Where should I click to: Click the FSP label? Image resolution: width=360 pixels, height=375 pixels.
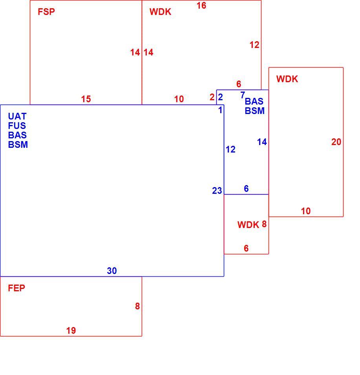tap(46, 12)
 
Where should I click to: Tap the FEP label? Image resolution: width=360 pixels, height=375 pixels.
tap(16, 288)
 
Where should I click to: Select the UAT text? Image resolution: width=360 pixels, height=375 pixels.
tap(17, 116)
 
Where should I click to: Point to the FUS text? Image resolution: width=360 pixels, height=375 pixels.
tap(17, 125)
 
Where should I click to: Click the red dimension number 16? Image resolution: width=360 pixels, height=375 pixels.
tap(201, 6)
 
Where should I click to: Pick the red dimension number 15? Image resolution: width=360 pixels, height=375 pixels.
tap(86, 99)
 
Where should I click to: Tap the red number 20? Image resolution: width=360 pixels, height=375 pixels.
tap(336, 142)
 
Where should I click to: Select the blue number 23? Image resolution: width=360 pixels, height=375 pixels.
tap(217, 191)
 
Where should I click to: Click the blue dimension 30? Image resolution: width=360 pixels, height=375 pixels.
tap(112, 271)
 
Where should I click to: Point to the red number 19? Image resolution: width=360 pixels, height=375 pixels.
tap(71, 331)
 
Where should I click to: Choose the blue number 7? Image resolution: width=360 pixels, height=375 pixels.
tap(243, 95)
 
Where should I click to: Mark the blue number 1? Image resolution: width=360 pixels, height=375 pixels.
tap(220, 110)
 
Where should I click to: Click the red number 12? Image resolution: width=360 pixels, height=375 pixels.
tap(254, 45)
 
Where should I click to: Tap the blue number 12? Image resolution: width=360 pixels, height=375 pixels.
tap(230, 149)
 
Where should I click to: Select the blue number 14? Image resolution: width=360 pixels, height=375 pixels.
tap(262, 142)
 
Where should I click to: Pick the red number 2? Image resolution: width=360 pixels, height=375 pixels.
tap(212, 97)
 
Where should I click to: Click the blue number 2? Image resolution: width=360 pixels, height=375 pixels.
tap(221, 97)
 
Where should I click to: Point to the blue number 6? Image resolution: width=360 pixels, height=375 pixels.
tap(246, 188)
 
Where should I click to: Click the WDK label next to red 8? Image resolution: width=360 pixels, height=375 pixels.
tap(248, 225)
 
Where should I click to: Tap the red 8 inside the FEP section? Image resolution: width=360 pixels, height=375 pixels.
tap(137, 306)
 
